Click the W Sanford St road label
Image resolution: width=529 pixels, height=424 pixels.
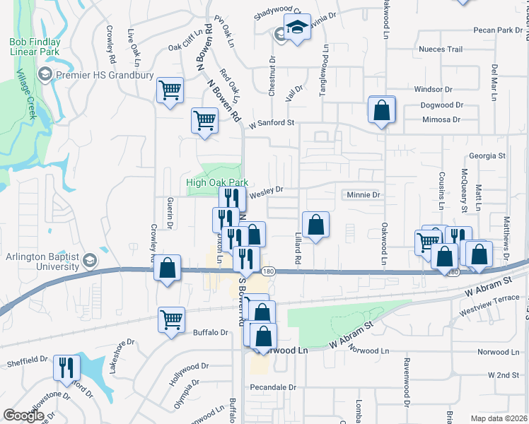(271, 122)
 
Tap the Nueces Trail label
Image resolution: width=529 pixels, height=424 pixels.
(440, 49)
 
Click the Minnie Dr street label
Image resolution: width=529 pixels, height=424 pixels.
(364, 194)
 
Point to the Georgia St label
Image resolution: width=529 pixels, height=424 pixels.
(487, 155)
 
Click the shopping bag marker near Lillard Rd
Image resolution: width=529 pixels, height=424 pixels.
(315, 225)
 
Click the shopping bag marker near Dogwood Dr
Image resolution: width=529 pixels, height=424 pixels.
(381, 110)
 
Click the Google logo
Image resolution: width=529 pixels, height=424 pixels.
(24, 416)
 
